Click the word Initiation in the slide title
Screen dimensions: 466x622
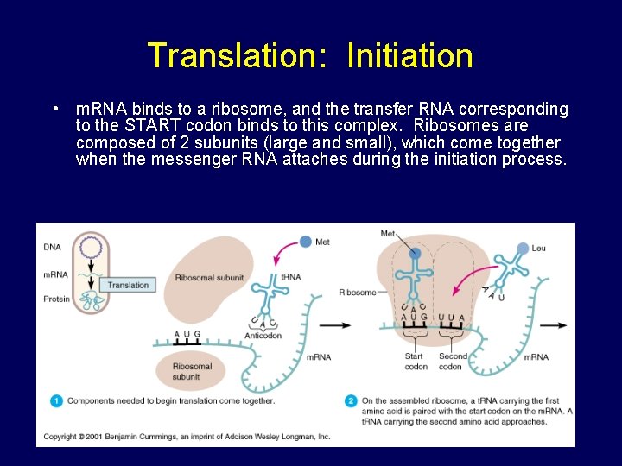point(409,56)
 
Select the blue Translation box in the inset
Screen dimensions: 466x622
point(128,285)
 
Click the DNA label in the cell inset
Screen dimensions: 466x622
point(52,247)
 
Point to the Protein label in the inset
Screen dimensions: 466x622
point(56,299)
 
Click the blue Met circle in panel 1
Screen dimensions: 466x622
point(305,242)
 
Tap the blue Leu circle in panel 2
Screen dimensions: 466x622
point(522,249)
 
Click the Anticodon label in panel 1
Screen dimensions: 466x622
point(263,336)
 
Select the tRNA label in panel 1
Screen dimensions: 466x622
point(290,277)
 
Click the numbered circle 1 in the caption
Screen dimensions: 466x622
point(56,400)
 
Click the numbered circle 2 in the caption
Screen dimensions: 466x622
point(351,400)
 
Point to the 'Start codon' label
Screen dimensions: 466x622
point(415,361)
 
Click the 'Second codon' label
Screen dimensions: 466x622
point(453,361)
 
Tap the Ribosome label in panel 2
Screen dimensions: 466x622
point(358,292)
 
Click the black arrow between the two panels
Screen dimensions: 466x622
point(335,325)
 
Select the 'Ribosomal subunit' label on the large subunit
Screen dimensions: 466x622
point(209,278)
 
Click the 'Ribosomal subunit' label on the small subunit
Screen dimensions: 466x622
point(192,371)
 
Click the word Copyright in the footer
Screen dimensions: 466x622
point(60,437)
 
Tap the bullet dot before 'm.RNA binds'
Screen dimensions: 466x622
point(54,110)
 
